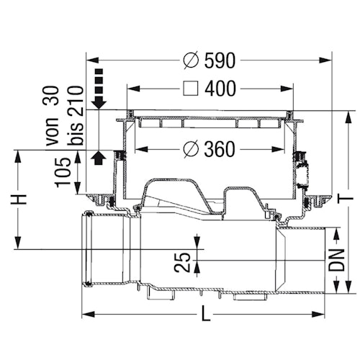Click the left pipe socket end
pos(89,248)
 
